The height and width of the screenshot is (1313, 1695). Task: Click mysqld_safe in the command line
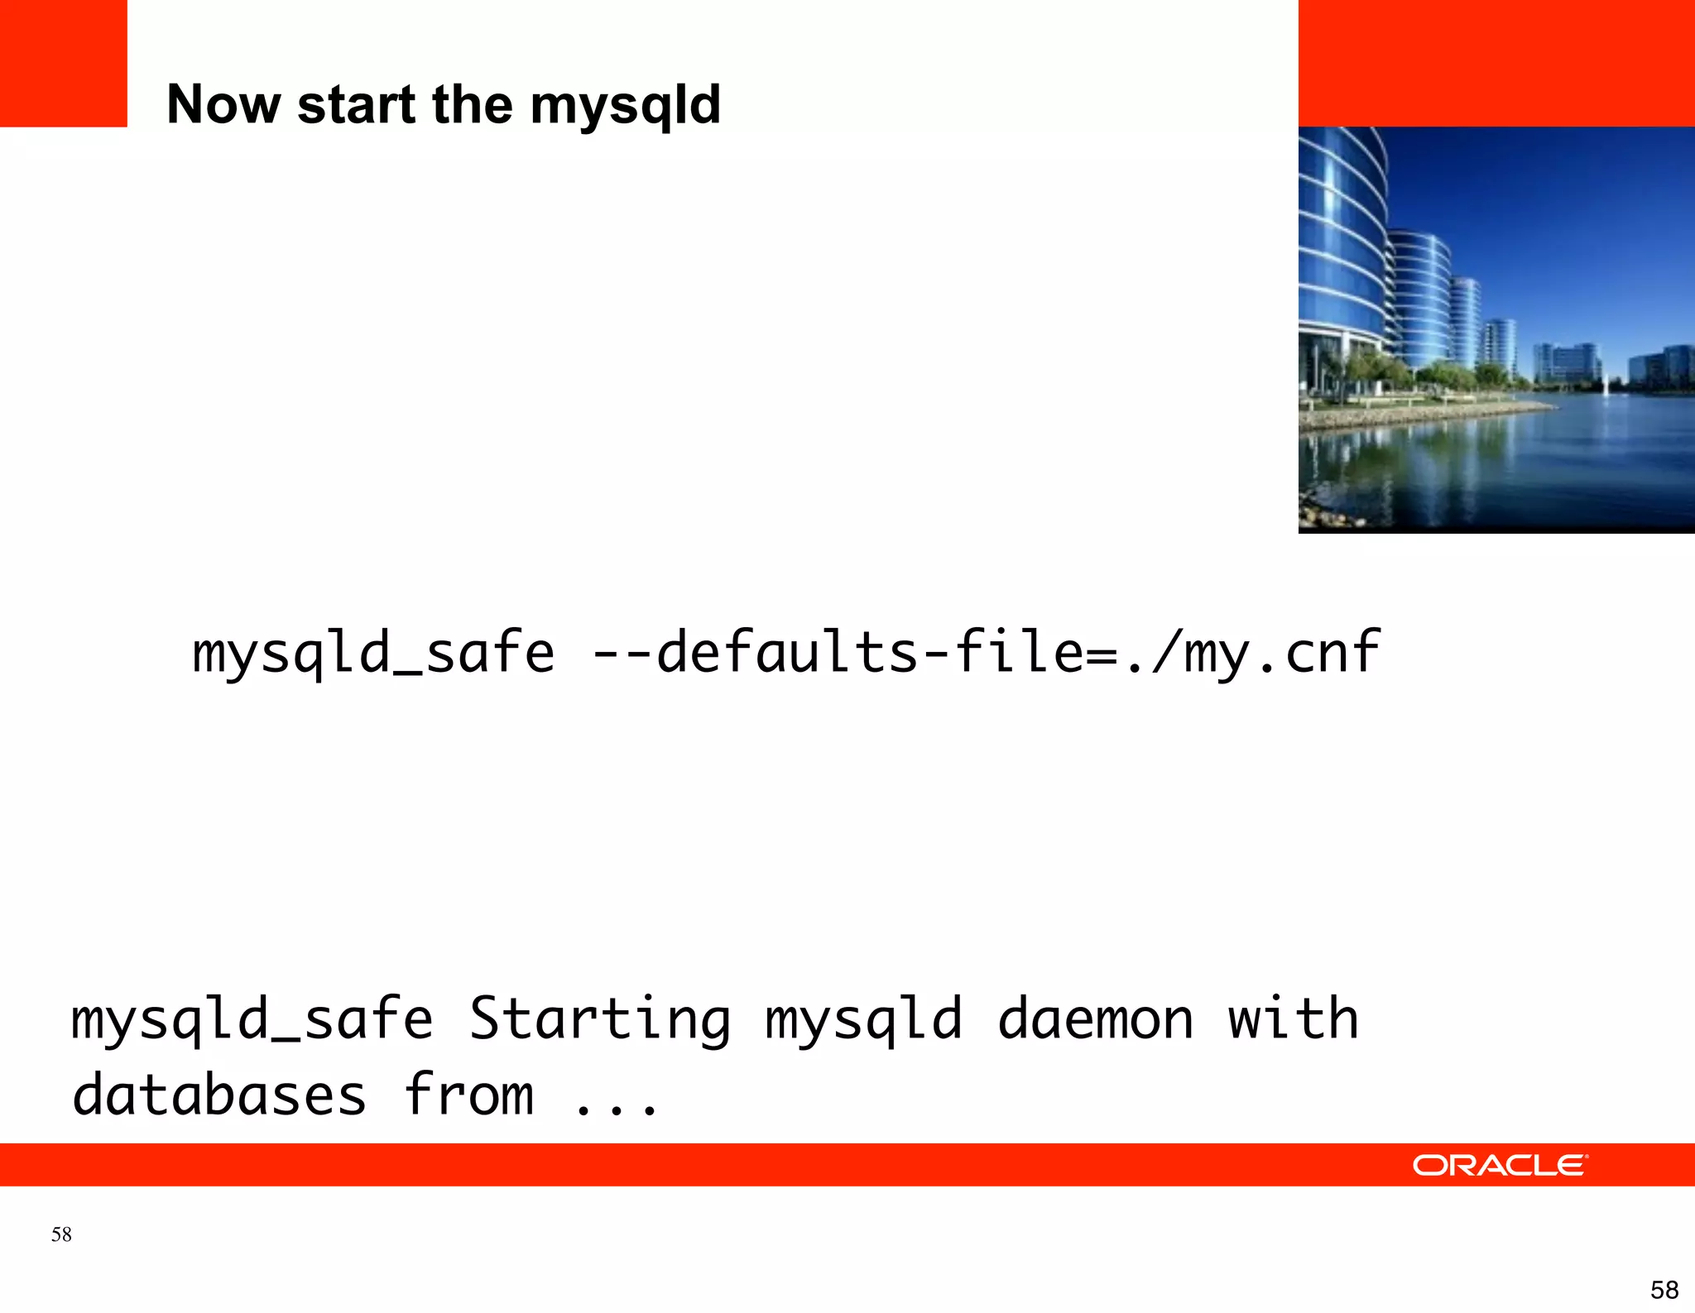click(373, 653)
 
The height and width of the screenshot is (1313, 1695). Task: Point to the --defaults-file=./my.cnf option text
click(986, 653)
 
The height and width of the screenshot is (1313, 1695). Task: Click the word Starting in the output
click(600, 1020)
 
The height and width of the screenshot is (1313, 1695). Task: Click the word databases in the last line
click(219, 1095)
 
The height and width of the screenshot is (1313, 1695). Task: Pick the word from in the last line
click(469, 1094)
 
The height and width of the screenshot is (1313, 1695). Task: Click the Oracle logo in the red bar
click(1499, 1165)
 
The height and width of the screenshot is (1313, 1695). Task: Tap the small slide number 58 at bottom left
click(61, 1234)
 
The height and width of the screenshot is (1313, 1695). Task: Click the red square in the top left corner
click(63, 63)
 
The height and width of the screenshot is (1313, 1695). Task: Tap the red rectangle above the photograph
click(1496, 63)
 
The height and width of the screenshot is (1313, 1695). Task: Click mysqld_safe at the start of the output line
click(252, 1020)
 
